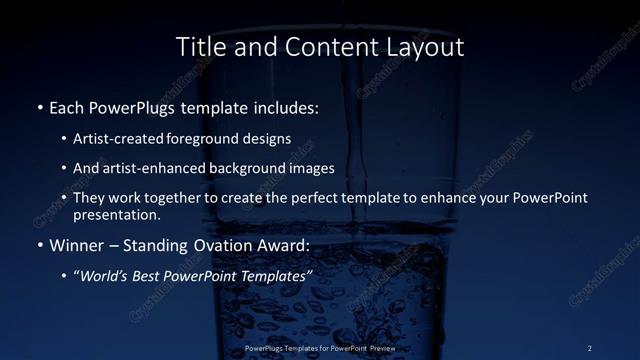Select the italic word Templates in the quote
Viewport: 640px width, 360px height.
coord(274,275)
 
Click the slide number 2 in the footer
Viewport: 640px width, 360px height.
coord(590,347)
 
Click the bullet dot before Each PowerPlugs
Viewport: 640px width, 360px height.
coord(39,105)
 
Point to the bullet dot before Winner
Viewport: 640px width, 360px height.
coord(39,245)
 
